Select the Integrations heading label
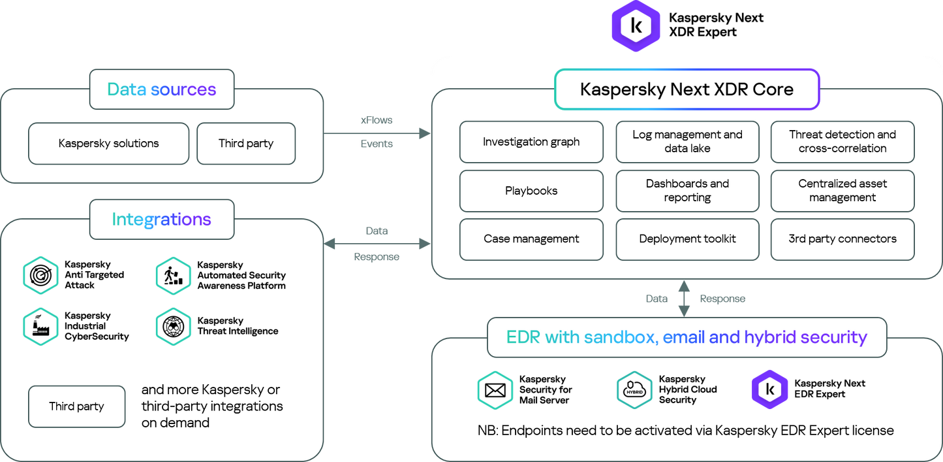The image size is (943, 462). click(161, 220)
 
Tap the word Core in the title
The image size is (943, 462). click(773, 90)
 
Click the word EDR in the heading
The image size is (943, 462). click(523, 337)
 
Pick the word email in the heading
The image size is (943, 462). click(683, 337)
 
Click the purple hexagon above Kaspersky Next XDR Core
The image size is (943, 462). click(636, 26)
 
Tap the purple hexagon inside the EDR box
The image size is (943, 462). click(770, 390)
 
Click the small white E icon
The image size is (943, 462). click(797, 394)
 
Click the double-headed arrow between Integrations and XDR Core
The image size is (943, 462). click(377, 244)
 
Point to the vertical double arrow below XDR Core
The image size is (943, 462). click(684, 299)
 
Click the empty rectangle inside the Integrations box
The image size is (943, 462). click(76, 406)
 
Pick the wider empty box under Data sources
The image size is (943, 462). click(108, 143)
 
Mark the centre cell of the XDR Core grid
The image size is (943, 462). click(687, 191)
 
